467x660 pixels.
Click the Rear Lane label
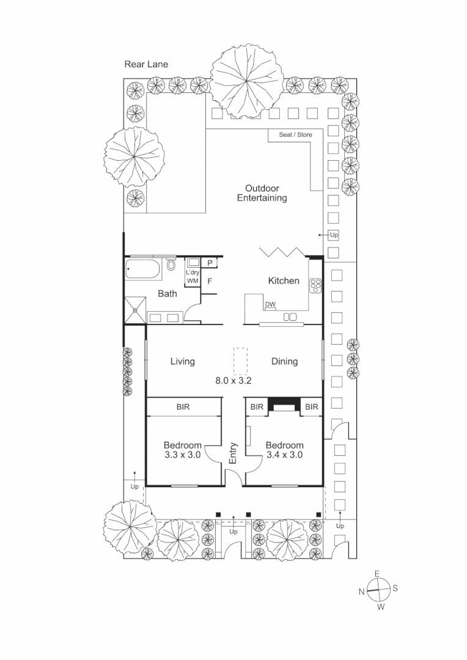[x=146, y=64]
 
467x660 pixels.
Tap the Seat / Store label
[x=295, y=134]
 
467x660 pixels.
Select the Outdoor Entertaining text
[x=262, y=193]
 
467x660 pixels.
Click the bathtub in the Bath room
[x=143, y=268]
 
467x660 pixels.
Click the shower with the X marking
[x=134, y=308]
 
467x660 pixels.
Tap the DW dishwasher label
[x=270, y=305]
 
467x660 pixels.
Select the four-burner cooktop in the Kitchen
[x=315, y=285]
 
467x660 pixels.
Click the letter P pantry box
[x=210, y=263]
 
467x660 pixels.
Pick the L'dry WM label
[x=193, y=277]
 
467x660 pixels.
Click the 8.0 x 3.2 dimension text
[x=233, y=380]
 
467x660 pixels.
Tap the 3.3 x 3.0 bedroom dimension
[x=182, y=455]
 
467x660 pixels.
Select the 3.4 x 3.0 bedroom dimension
[x=284, y=455]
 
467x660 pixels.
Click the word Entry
[x=233, y=453]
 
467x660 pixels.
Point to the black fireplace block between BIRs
[x=283, y=405]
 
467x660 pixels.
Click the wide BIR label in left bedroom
[x=183, y=406]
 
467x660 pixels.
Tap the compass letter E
[x=377, y=573]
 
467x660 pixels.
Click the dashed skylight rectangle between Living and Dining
[x=239, y=361]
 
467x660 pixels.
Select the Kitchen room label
[x=284, y=281]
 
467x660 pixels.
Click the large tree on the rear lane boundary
[x=247, y=80]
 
